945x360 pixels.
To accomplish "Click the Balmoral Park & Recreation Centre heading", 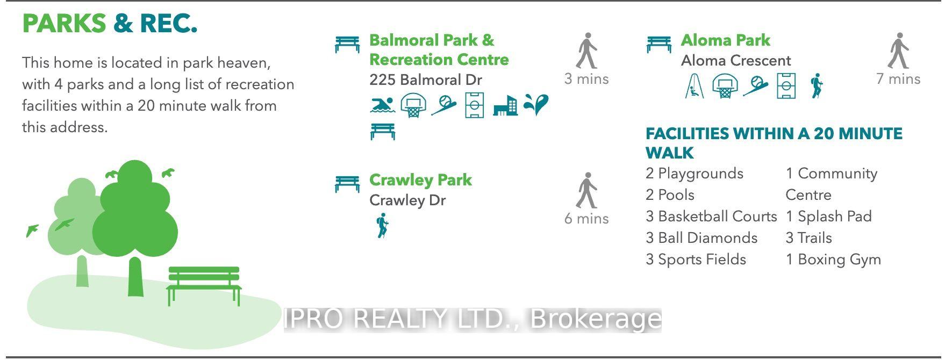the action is tap(439, 50).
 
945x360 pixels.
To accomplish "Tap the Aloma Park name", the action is tap(725, 40).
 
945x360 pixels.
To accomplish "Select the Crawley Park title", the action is tap(420, 180).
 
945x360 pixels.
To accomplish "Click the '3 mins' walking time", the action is tap(586, 79).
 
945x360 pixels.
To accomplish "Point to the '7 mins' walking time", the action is tap(898, 79).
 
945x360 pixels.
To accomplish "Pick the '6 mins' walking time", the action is tap(586, 219).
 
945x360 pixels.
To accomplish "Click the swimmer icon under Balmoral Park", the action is tap(383, 105).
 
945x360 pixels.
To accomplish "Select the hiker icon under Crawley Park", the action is tap(382, 226).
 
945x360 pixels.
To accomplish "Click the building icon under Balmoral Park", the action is tap(505, 105).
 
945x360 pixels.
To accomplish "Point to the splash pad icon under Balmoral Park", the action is tap(536, 105).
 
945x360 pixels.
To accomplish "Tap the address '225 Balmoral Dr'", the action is tap(426, 80).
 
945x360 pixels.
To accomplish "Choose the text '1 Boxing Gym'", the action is tap(833, 260).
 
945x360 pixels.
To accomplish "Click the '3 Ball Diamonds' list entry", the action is tap(701, 238).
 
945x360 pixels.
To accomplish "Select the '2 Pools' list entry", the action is tap(670, 195).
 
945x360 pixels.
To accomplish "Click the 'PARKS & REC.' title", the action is tap(110, 24).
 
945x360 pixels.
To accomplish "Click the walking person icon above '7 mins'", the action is tap(898, 51).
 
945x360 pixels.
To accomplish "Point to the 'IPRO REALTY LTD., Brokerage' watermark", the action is tap(472, 319).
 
